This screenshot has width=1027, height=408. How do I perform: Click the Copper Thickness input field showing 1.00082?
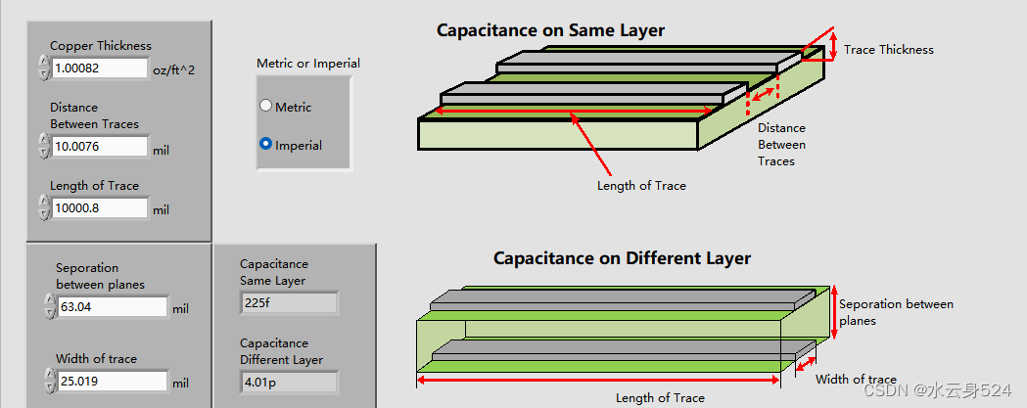tap(99, 68)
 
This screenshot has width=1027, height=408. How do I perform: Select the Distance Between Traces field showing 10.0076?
tap(99, 147)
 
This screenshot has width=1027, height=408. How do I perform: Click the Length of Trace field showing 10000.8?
tap(99, 207)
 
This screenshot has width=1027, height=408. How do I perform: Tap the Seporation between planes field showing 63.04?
tap(111, 307)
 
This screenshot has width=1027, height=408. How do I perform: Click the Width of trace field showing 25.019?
tap(111, 382)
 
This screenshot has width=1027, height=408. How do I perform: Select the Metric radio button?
tap(265, 107)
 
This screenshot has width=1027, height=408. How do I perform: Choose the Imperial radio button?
tap(265, 145)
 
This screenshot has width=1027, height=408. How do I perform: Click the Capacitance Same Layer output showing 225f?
tap(289, 303)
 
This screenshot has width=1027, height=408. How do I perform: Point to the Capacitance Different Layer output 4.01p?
tap(289, 383)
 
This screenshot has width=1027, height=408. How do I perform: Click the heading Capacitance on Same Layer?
tap(550, 30)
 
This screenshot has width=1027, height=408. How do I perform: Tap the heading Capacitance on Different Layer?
tap(622, 258)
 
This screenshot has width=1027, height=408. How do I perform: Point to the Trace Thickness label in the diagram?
tap(888, 50)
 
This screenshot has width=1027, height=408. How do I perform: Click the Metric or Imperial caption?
tap(308, 64)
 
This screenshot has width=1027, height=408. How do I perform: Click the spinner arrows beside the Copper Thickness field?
tap(43, 68)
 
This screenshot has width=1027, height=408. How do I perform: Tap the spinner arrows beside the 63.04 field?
tap(49, 307)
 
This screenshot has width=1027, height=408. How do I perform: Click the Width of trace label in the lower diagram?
tap(856, 380)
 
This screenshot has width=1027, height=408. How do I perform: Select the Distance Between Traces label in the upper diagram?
tap(781, 144)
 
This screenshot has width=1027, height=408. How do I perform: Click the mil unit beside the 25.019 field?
tap(180, 383)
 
